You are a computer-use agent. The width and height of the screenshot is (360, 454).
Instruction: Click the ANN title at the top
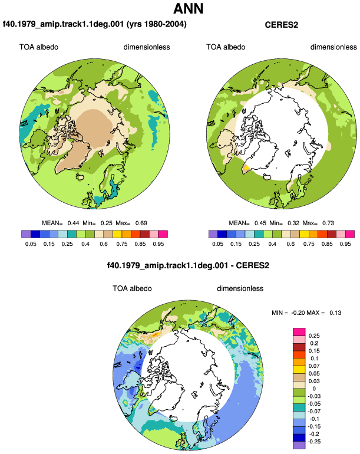click(x=189, y=9)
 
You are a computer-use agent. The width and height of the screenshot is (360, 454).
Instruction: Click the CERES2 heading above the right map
click(x=281, y=25)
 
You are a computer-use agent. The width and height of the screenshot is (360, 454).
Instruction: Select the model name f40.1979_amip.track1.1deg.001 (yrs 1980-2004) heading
click(x=95, y=24)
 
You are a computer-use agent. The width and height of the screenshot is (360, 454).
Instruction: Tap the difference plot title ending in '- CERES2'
click(x=188, y=265)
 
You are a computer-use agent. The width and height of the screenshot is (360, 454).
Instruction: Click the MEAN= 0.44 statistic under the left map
click(x=61, y=223)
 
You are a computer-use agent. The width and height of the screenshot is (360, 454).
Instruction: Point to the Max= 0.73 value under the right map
click(x=318, y=223)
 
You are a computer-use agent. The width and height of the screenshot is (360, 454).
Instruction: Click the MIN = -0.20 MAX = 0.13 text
click(x=306, y=312)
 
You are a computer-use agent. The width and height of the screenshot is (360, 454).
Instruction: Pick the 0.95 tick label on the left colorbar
click(x=158, y=244)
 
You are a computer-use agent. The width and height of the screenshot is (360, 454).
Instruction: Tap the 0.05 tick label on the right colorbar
click(x=217, y=244)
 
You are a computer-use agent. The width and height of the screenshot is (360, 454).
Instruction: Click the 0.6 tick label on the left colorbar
click(x=104, y=244)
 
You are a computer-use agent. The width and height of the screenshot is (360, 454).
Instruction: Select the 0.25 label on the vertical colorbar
click(x=314, y=336)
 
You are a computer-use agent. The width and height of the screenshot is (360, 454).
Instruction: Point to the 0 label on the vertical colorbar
click(x=314, y=389)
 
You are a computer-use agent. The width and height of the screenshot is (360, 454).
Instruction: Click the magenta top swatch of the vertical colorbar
click(x=299, y=332)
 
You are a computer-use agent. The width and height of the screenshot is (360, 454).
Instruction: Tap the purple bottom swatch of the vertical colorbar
click(x=299, y=445)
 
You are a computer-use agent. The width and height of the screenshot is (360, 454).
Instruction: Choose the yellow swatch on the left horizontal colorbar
click(x=117, y=234)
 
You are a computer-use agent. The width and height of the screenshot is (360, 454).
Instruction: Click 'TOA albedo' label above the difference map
click(x=132, y=288)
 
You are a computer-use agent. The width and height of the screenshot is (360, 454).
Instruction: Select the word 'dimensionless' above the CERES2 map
click(x=333, y=47)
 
